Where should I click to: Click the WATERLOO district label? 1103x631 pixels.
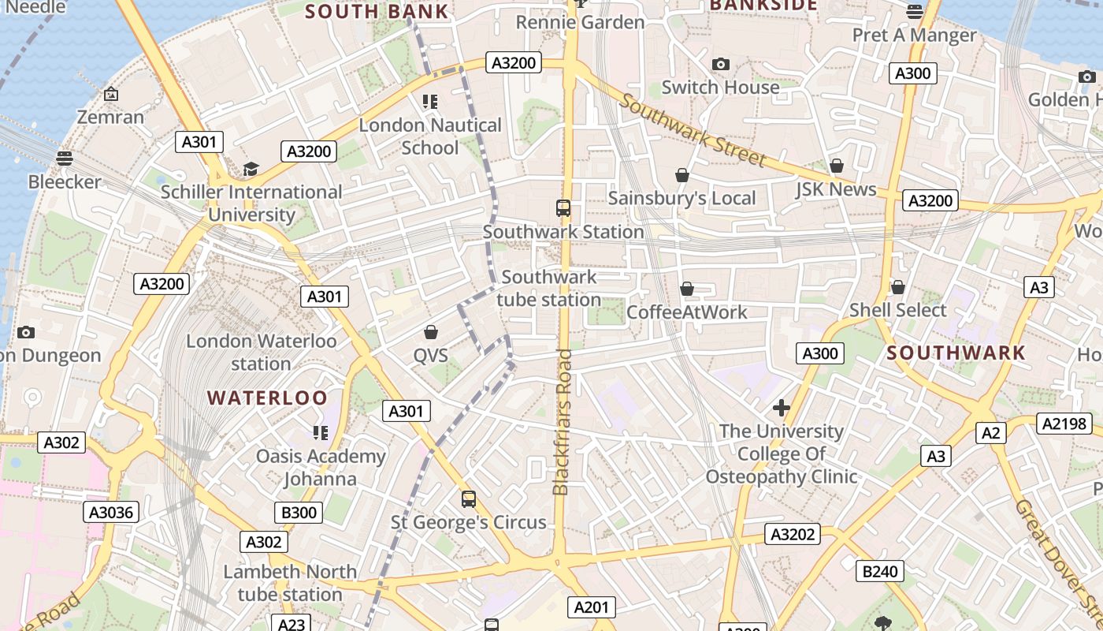267,398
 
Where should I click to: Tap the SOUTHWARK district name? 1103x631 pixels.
956,353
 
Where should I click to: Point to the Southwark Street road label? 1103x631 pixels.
693,130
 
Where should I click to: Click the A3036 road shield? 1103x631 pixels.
111,512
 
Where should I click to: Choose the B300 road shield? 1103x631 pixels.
299,513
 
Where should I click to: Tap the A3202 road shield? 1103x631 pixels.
793,534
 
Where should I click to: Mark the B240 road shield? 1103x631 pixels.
880,571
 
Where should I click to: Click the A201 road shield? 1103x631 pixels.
591,607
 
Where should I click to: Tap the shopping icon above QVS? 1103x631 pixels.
430,332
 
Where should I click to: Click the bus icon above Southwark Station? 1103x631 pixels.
563,208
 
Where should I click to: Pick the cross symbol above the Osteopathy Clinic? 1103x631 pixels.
781,408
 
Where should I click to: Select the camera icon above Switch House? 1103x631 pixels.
720,65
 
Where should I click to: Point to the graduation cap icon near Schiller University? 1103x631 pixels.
251,169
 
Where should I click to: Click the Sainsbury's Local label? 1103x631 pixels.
681,198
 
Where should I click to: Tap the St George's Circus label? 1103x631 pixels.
469,522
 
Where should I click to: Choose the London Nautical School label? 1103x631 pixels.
430,136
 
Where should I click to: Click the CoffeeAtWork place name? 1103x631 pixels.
686,312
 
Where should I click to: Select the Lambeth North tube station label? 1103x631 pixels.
290,582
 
